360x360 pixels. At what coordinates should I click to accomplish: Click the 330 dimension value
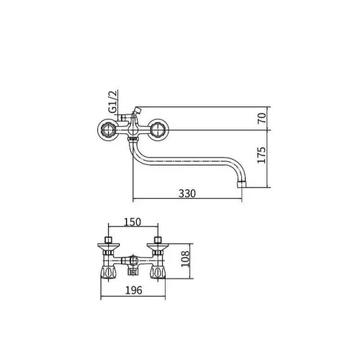[187, 194]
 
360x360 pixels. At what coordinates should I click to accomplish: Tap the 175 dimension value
[261, 156]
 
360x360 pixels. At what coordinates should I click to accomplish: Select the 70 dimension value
[262, 118]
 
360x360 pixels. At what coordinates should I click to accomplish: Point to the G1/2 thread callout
[112, 102]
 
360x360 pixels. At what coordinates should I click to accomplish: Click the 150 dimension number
[132, 222]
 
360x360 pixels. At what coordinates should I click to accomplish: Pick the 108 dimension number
[185, 259]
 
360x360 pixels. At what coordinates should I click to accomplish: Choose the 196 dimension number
[134, 290]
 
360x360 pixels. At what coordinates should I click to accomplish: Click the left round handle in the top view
[108, 130]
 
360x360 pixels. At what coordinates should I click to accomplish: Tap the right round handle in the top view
[158, 130]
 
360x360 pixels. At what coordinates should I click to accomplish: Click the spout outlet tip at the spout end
[241, 184]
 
